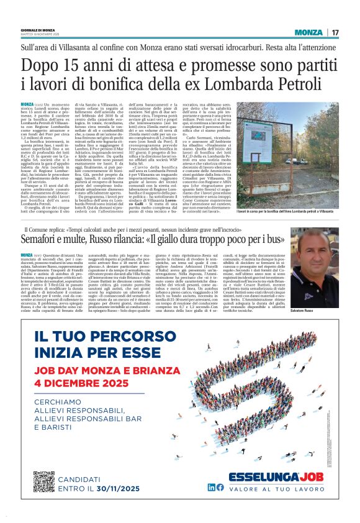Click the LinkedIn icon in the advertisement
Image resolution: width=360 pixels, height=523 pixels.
[229, 488]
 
